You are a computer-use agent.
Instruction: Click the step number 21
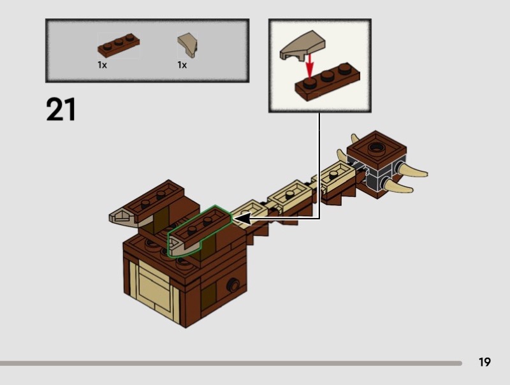61,109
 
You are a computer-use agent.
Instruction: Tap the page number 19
484,362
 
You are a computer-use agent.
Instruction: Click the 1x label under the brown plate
102,65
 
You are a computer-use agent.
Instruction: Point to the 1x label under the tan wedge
182,65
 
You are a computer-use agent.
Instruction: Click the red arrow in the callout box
310,66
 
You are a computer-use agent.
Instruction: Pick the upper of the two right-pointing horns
414,171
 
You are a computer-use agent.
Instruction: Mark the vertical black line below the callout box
319,166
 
